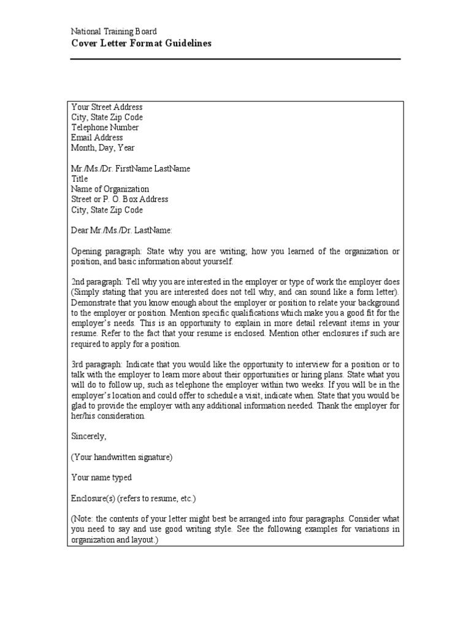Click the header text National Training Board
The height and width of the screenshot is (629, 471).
click(113, 31)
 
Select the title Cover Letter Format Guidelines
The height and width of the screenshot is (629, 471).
click(141, 43)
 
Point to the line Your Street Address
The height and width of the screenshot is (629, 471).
click(107, 107)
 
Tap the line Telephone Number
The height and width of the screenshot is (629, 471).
click(105, 127)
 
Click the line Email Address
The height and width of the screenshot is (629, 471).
click(97, 138)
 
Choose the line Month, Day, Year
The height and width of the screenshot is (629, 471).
click(103, 148)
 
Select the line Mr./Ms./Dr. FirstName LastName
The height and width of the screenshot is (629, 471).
click(131, 169)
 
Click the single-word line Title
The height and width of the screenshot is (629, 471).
click(80, 179)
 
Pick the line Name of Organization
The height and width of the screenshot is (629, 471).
click(110, 189)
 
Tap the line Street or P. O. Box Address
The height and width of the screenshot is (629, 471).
click(120, 200)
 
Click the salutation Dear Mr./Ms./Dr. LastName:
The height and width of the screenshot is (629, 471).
click(122, 230)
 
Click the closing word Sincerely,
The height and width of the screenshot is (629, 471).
click(89, 436)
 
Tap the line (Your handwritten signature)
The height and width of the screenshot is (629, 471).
click(122, 457)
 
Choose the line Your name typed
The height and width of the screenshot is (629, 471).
click(102, 477)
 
